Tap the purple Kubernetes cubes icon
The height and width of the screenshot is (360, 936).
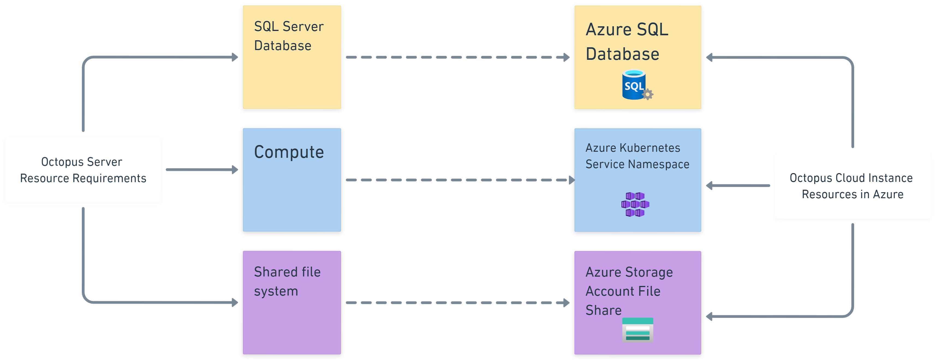point(635,205)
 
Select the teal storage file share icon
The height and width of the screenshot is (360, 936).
point(638,330)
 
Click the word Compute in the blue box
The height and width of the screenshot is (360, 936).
point(289,152)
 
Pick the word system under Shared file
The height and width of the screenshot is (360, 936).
point(276,291)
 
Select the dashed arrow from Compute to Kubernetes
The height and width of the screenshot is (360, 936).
point(458,180)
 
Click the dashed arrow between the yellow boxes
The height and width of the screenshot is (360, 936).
point(458,57)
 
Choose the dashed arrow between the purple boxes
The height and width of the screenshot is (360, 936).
point(458,303)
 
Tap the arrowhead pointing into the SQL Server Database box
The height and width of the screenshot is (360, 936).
point(235,57)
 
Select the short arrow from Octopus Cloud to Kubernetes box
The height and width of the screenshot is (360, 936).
point(738,186)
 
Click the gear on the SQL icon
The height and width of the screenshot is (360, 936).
point(648,94)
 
